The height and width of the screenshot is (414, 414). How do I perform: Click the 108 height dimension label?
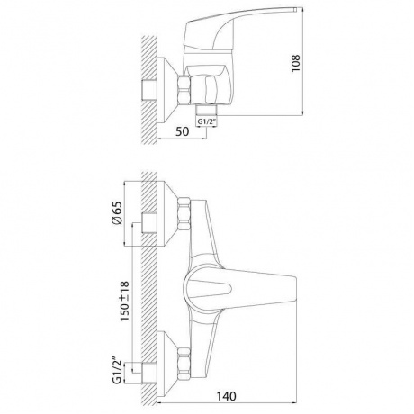(x=296, y=63)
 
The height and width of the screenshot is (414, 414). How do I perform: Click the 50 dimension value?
(x=183, y=131)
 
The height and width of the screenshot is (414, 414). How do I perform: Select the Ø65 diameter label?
(x=117, y=212)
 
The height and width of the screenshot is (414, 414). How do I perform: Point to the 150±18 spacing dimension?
(x=124, y=301)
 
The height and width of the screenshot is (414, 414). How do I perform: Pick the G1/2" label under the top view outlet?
(x=206, y=122)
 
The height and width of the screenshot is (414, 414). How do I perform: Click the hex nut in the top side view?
(x=184, y=90)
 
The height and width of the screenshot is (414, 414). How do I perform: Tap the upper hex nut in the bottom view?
(x=184, y=214)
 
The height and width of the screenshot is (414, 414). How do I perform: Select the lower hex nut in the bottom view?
(x=184, y=364)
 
